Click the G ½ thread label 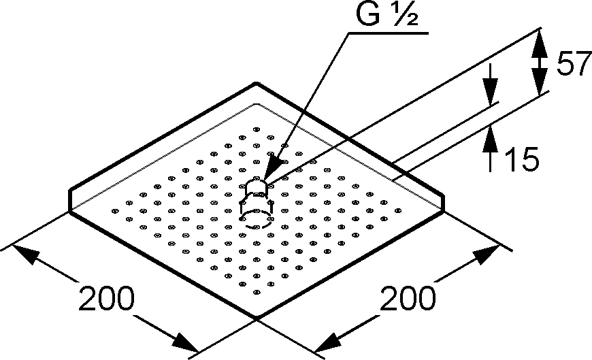(387, 14)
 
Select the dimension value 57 (574, 64)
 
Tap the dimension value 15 (521, 159)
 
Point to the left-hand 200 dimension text (106, 299)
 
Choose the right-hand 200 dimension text (408, 298)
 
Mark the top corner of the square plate (257, 83)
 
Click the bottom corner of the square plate (257, 316)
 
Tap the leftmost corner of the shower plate (70, 212)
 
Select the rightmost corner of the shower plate (443, 212)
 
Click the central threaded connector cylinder (257, 188)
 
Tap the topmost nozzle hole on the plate (257, 129)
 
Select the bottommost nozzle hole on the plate (257, 292)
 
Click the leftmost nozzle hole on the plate (115, 211)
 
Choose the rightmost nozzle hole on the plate (398, 211)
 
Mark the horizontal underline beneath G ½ (389, 33)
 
